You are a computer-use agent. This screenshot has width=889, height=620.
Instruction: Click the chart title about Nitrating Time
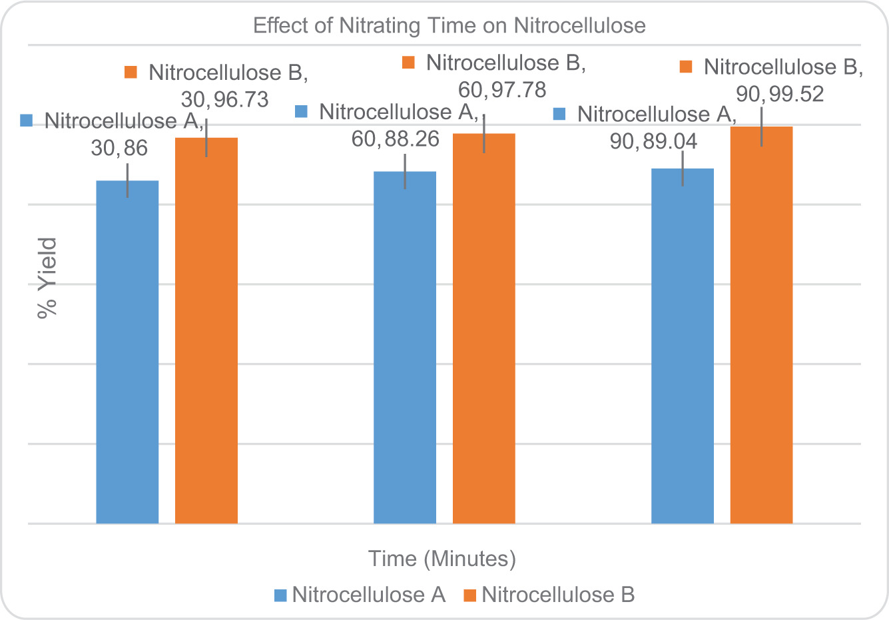pyautogui.click(x=449, y=26)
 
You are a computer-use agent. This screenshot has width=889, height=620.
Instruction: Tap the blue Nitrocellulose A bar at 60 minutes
pyautogui.click(x=405, y=347)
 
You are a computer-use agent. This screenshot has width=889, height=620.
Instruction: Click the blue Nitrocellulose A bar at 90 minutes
pyautogui.click(x=683, y=346)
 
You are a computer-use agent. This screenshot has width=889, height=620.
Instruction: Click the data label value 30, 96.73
pyautogui.click(x=225, y=100)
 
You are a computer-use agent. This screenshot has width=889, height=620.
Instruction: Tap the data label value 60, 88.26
pyautogui.click(x=395, y=139)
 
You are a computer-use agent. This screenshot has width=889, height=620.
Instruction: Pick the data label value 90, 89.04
pyautogui.click(x=653, y=141)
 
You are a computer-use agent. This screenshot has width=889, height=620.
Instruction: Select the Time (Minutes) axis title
pyautogui.click(x=442, y=558)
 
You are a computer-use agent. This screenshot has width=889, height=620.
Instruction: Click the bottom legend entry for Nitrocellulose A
pyautogui.click(x=360, y=595)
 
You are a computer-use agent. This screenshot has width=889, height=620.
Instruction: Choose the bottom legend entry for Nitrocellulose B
pyautogui.click(x=549, y=595)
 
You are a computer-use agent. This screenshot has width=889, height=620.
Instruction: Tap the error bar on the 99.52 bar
pyautogui.click(x=761, y=127)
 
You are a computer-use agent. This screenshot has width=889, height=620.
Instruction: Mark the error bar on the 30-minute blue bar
pyautogui.click(x=127, y=180)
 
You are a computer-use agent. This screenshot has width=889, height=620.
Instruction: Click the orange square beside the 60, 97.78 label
pyautogui.click(x=409, y=63)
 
